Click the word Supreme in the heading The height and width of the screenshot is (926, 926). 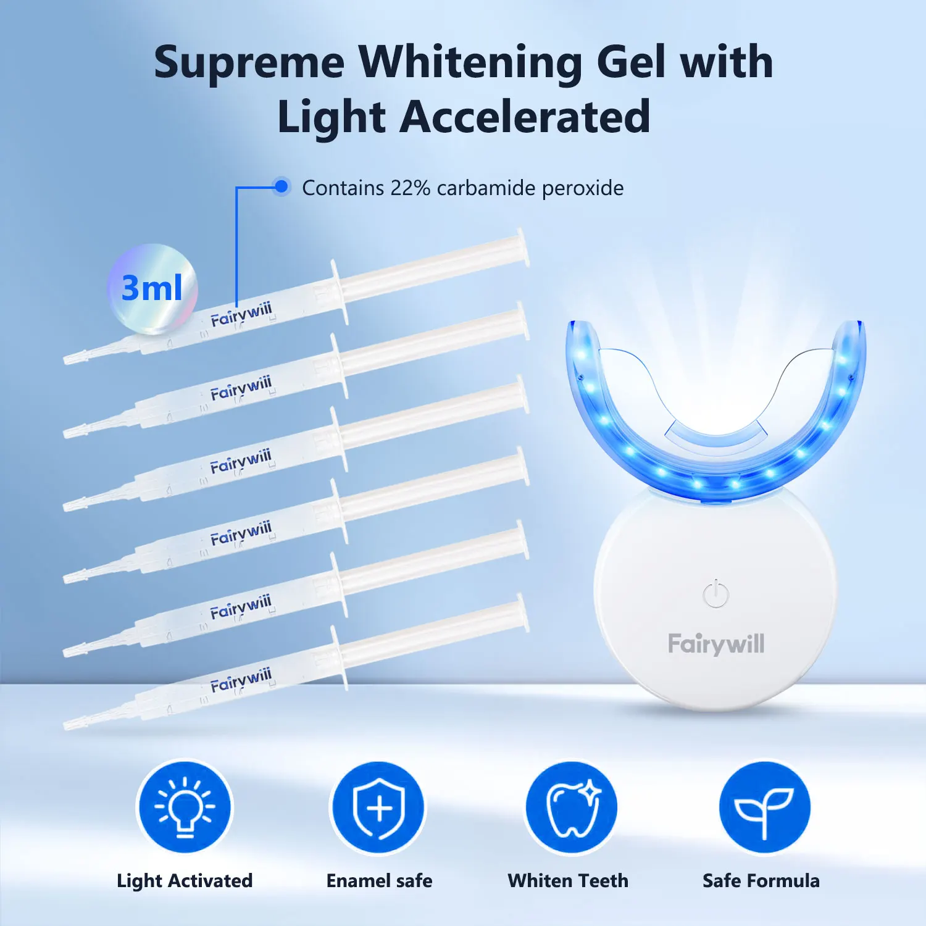tap(249, 64)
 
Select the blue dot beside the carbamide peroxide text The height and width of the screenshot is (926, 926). tap(282, 186)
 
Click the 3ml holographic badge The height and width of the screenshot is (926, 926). tap(152, 288)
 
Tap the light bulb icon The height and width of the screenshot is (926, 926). tap(185, 807)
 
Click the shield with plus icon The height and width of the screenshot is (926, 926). tap(378, 807)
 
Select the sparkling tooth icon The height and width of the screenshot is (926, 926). tap(572, 807)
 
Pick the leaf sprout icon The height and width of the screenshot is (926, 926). tap(764, 807)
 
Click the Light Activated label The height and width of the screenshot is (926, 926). tap(185, 881)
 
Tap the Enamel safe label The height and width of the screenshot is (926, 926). tap(379, 881)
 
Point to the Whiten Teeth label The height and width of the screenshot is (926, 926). tap(568, 881)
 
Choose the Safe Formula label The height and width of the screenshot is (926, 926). tap(761, 881)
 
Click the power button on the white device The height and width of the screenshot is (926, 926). tap(715, 593)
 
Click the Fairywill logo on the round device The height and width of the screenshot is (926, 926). tap(716, 644)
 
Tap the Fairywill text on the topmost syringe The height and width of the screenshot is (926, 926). tap(241, 315)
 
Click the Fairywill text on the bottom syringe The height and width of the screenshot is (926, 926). tap(241, 680)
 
